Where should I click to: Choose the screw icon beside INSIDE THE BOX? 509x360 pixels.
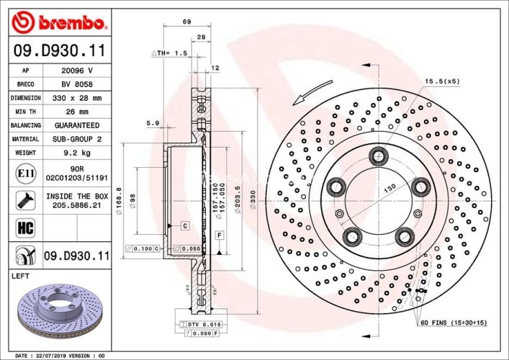click(x=22, y=200)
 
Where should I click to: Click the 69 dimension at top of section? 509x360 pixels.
click(x=186, y=22)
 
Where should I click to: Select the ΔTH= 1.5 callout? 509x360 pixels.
click(x=169, y=54)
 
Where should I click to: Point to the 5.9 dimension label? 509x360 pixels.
click(x=152, y=123)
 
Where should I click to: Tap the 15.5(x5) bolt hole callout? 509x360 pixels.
click(x=441, y=81)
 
